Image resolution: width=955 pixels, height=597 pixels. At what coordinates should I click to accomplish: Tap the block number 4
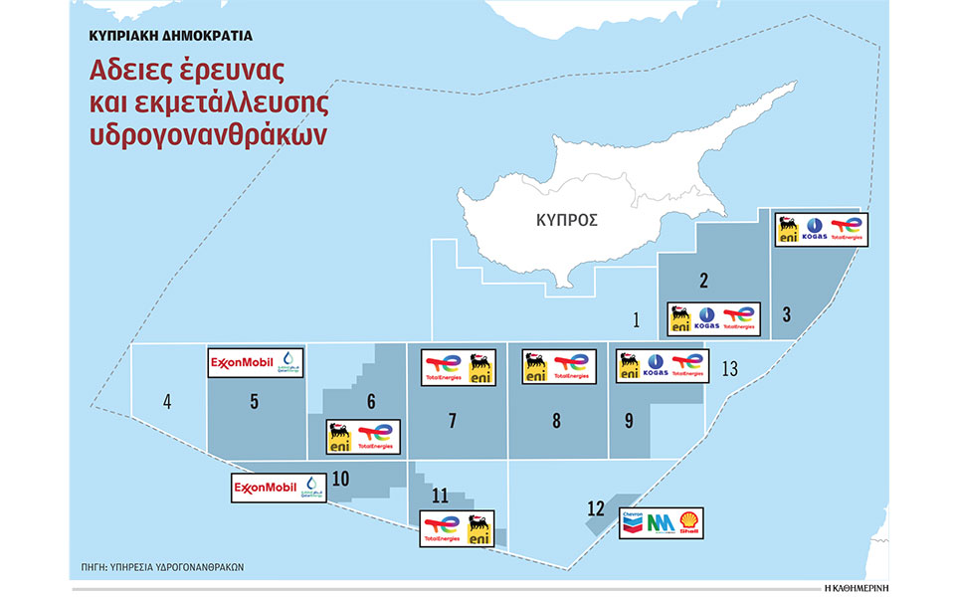click(167, 403)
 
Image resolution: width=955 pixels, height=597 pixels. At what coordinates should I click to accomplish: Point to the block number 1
click(636, 319)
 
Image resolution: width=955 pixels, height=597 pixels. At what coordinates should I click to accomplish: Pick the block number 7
click(453, 421)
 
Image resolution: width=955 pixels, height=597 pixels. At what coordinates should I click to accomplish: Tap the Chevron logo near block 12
click(633, 520)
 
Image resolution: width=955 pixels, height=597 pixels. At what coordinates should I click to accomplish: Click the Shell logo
click(688, 521)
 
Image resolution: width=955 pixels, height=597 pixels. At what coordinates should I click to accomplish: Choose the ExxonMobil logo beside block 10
click(267, 488)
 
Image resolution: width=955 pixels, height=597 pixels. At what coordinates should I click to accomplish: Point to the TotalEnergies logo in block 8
click(572, 366)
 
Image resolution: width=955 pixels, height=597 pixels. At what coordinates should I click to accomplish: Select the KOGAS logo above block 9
click(657, 365)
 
